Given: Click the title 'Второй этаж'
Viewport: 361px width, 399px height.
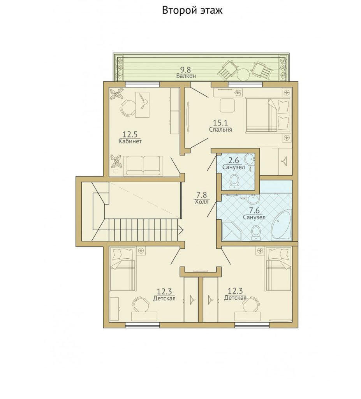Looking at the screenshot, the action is (x=192, y=11).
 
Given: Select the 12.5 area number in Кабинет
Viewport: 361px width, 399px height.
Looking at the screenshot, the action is (x=130, y=134).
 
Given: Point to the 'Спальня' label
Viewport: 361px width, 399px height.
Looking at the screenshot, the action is (x=220, y=129).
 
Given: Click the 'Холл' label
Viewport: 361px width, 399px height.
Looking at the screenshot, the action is (x=201, y=202).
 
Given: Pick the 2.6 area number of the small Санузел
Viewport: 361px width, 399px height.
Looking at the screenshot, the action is (x=233, y=161).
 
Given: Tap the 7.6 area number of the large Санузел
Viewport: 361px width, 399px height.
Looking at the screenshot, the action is (x=254, y=211).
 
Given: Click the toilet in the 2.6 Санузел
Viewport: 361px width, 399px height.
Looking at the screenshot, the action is (x=234, y=182).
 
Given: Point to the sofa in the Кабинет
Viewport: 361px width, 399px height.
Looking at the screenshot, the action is (x=143, y=166).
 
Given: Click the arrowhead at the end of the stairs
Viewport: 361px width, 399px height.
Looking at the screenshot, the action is (x=181, y=230).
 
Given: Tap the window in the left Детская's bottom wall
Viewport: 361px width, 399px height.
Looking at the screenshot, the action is (x=143, y=325).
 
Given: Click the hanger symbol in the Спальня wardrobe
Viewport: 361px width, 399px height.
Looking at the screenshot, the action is (x=284, y=161).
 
